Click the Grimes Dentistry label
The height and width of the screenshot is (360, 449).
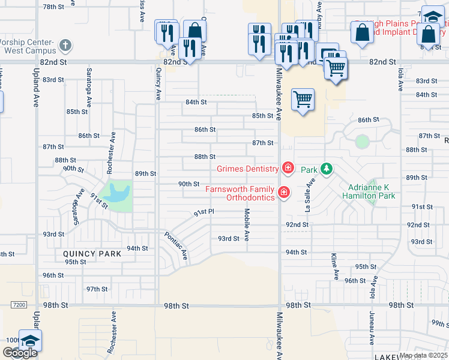click(x=247, y=169)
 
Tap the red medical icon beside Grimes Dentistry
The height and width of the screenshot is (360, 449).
click(x=288, y=167)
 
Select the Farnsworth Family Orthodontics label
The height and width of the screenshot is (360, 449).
click(x=240, y=193)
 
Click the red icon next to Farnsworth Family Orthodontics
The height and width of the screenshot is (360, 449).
click(x=283, y=193)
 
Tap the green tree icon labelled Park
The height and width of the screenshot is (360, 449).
click(x=326, y=169)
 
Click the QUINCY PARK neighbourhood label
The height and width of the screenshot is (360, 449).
click(x=92, y=254)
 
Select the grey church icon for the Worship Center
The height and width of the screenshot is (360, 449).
click(x=65, y=45)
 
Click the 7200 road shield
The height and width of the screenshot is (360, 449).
click(x=19, y=305)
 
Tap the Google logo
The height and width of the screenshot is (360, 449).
click(x=20, y=353)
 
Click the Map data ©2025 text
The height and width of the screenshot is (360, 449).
click(x=423, y=355)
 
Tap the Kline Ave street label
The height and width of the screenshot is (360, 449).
click(x=334, y=267)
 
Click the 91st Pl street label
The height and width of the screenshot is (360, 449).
click(x=203, y=212)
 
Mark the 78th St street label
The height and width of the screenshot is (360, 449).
click(x=53, y=7)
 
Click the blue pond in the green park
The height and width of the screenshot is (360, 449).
click(x=117, y=193)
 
